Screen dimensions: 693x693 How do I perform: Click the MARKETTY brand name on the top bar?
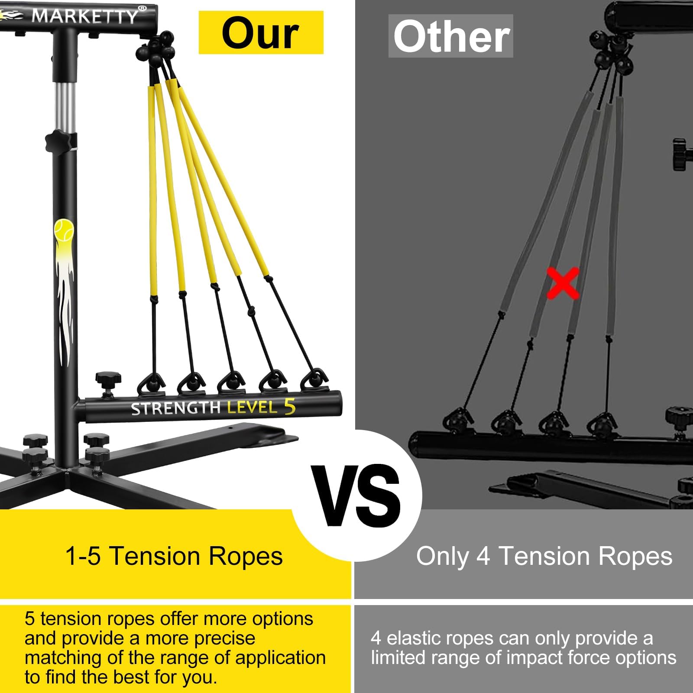pos(85,16)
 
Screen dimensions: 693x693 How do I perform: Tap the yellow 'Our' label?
pos(261,32)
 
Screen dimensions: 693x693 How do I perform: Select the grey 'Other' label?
pos(451,36)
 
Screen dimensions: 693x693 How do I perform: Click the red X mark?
pos(563,283)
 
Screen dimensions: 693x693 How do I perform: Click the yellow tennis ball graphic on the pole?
pos(64,230)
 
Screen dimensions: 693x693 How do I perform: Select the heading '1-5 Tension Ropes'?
pos(174,556)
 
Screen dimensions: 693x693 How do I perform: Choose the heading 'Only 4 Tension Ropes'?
pos(544,556)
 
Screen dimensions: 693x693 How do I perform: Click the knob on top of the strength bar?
pos(108,381)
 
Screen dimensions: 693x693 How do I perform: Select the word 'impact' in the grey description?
pos(534,658)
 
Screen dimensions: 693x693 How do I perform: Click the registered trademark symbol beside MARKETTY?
pos(142,8)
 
